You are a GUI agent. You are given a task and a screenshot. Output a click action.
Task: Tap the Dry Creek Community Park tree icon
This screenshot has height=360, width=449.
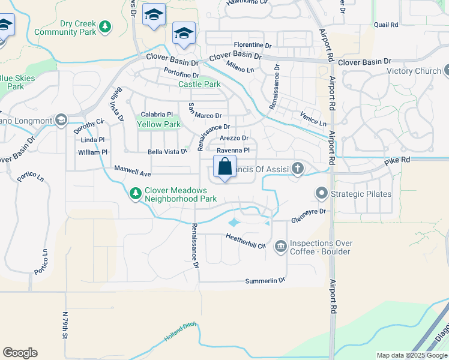point(105,26)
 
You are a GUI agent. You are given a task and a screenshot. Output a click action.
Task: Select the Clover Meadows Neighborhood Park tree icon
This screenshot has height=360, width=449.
point(136,194)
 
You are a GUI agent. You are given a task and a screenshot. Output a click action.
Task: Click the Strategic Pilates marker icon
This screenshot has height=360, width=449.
point(321,194)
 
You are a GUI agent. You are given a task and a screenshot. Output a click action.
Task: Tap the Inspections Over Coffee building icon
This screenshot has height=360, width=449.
point(280,247)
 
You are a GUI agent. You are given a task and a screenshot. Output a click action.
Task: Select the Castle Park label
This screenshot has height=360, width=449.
point(199,85)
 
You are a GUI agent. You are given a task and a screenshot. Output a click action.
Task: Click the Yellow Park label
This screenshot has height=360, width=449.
point(159,125)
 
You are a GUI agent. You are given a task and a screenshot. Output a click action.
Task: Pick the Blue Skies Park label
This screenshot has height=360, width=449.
point(17,82)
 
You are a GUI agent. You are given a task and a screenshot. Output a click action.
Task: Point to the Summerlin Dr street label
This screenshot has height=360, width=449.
point(265,281)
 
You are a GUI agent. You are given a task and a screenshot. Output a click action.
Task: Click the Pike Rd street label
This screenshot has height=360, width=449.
point(397,160)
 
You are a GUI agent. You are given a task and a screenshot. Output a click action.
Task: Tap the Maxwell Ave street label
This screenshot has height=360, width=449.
point(132,173)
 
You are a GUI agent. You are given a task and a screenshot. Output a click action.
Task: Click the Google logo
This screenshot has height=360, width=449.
point(20,353)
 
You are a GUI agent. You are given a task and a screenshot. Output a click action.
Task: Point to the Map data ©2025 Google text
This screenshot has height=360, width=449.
point(412,355)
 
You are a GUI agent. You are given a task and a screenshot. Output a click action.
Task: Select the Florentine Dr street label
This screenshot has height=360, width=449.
point(253,45)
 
